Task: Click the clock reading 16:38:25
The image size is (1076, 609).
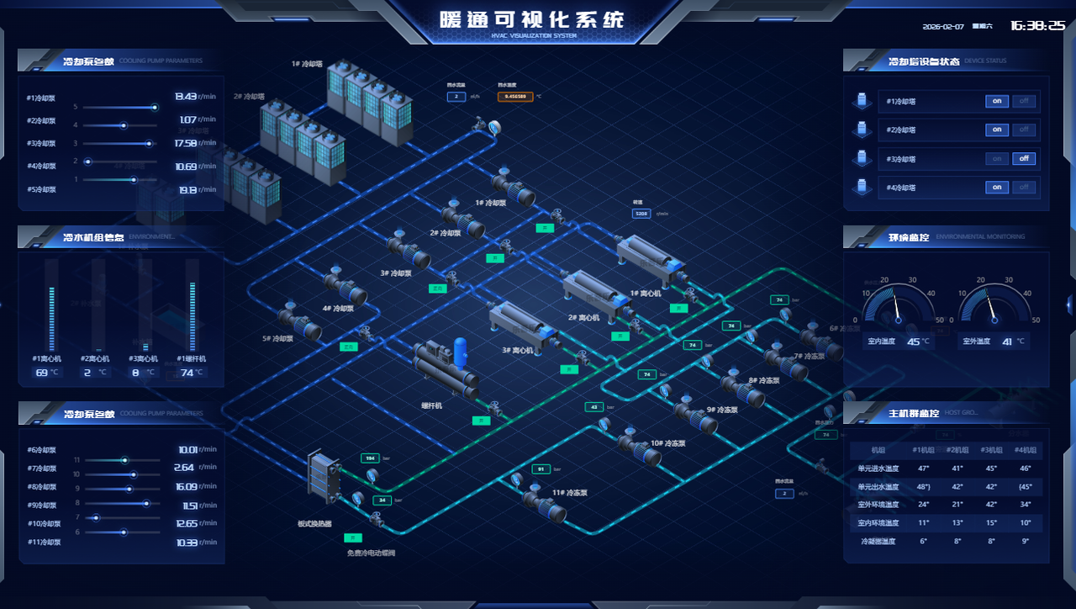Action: (x=1037, y=26)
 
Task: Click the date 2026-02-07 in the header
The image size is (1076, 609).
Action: (x=943, y=27)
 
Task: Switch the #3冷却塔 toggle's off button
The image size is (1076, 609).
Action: (x=1024, y=158)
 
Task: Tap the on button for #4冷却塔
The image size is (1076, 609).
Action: (x=997, y=187)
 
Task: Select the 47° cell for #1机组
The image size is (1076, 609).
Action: (x=924, y=469)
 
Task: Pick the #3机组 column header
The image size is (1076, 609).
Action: (x=991, y=450)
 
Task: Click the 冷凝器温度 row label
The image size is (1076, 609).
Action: (x=878, y=542)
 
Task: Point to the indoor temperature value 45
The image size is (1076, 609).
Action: (x=913, y=342)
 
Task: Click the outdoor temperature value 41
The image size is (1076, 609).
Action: (x=1007, y=342)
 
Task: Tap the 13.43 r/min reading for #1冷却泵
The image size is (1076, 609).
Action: (x=185, y=97)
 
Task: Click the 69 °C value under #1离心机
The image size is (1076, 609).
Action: (x=42, y=373)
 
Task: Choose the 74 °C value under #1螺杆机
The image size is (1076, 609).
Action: (x=187, y=373)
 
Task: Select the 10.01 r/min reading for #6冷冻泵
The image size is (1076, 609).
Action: (x=187, y=450)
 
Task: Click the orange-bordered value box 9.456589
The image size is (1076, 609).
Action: (x=515, y=97)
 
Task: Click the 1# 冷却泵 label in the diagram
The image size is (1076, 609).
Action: (x=491, y=203)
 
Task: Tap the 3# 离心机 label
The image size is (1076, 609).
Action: (x=518, y=350)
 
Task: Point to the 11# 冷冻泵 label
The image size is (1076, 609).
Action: (x=569, y=493)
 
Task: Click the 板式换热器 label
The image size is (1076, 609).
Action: (x=314, y=524)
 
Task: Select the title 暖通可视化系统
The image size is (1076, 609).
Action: (x=533, y=19)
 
